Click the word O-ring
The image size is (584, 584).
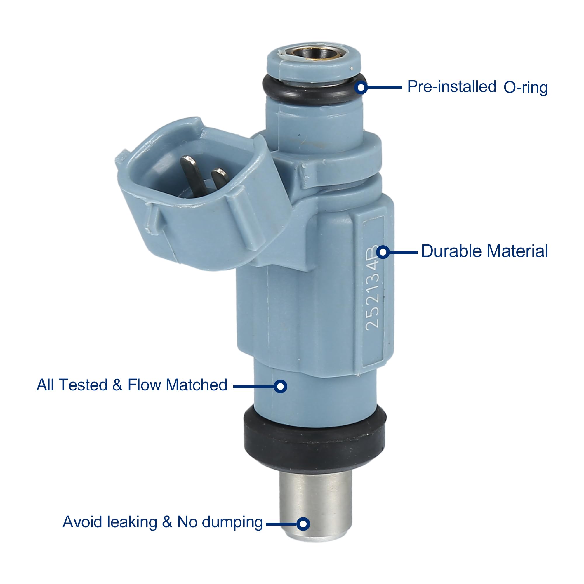tap(525, 88)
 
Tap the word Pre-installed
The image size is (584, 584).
tap(452, 87)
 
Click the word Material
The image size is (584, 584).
tap(517, 251)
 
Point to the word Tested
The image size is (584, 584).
tap(84, 385)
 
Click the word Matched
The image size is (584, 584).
tap(196, 385)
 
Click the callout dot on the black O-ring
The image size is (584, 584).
tap(361, 87)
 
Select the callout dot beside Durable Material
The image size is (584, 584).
tap(383, 252)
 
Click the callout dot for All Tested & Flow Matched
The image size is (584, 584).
tap(281, 386)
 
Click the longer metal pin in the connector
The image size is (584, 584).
tap(192, 174)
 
